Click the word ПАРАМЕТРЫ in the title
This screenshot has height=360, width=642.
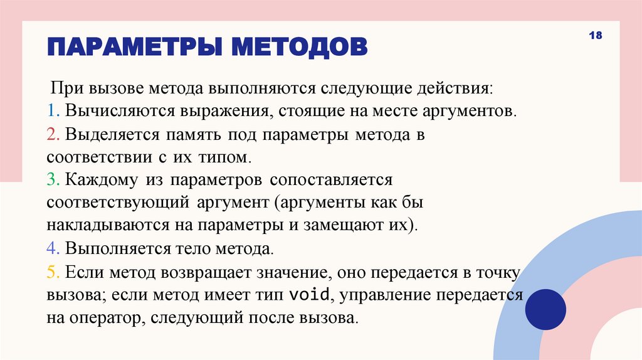(134, 47)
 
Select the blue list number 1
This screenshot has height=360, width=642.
(50, 111)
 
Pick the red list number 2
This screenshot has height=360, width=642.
(51, 134)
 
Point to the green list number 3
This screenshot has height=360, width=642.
(51, 180)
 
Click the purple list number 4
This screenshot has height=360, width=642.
(51, 248)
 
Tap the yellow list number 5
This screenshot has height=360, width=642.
(51, 272)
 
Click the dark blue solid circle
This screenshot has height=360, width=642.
(545, 309)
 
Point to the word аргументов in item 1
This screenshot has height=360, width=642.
(473, 111)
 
